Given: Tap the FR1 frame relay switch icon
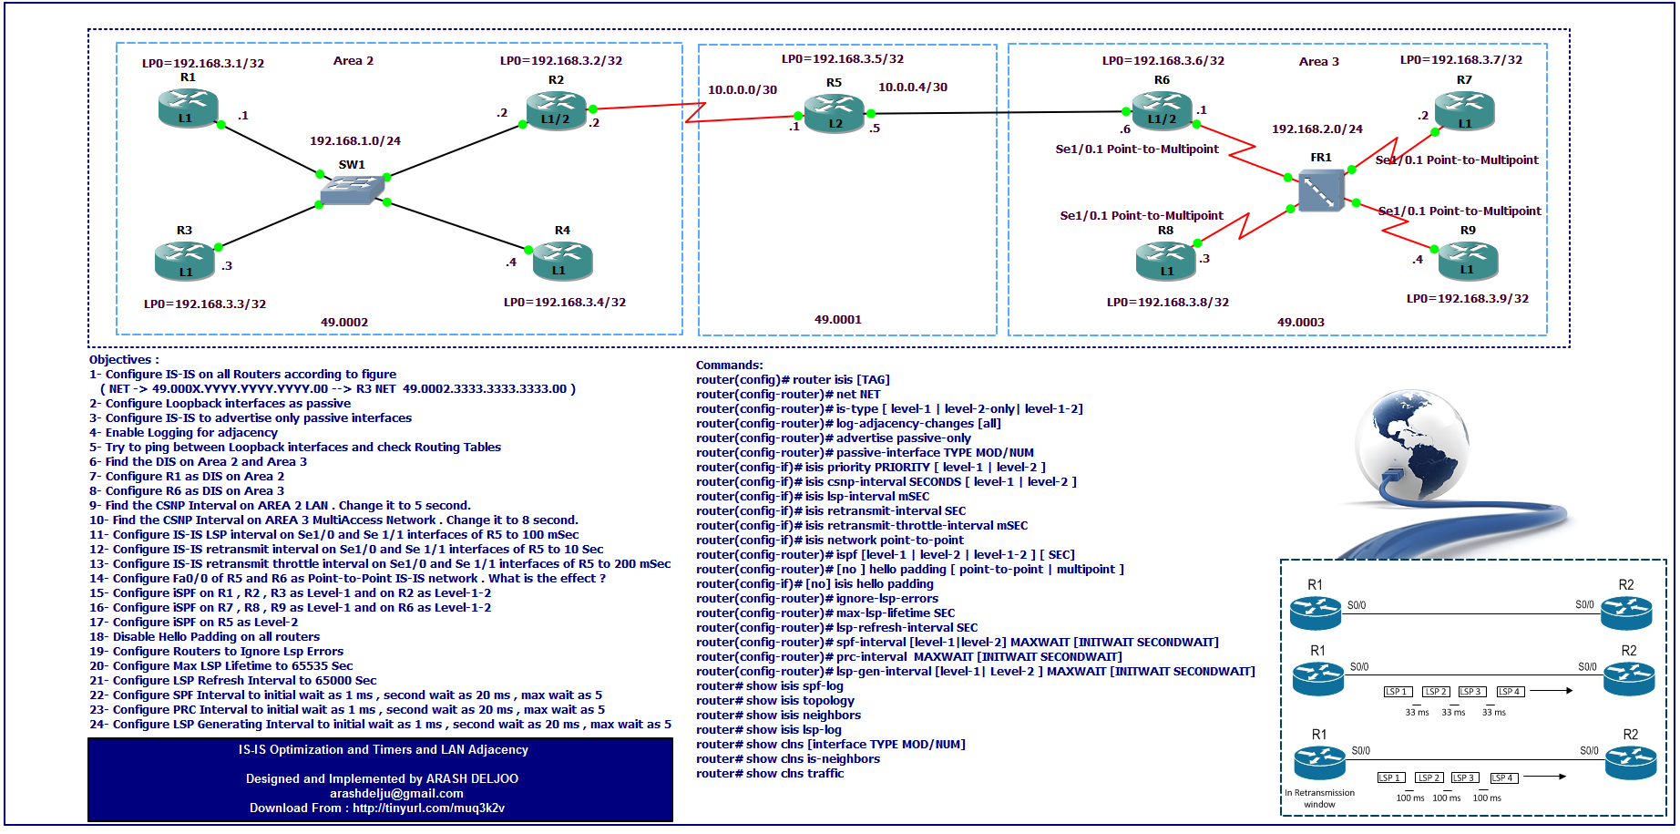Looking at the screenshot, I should [x=1320, y=190].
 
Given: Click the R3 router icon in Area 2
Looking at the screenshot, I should [x=185, y=261].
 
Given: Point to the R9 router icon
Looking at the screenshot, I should [x=1468, y=260].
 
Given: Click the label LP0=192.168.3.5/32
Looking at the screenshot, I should [x=843, y=59].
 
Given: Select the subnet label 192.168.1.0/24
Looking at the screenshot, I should [x=355, y=141].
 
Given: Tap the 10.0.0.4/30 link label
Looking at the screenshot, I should [x=913, y=88].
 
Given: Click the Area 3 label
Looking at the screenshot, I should [x=1319, y=62].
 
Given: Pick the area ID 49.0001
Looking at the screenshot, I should [x=838, y=320].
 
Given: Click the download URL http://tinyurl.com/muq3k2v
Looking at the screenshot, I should [x=428, y=808].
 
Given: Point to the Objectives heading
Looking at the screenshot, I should [x=124, y=360].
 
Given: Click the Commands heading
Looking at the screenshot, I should [x=730, y=366].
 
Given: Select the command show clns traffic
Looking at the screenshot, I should [x=794, y=774].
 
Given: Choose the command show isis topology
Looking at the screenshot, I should [x=800, y=701].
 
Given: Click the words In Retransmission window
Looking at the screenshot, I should [x=1319, y=798].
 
